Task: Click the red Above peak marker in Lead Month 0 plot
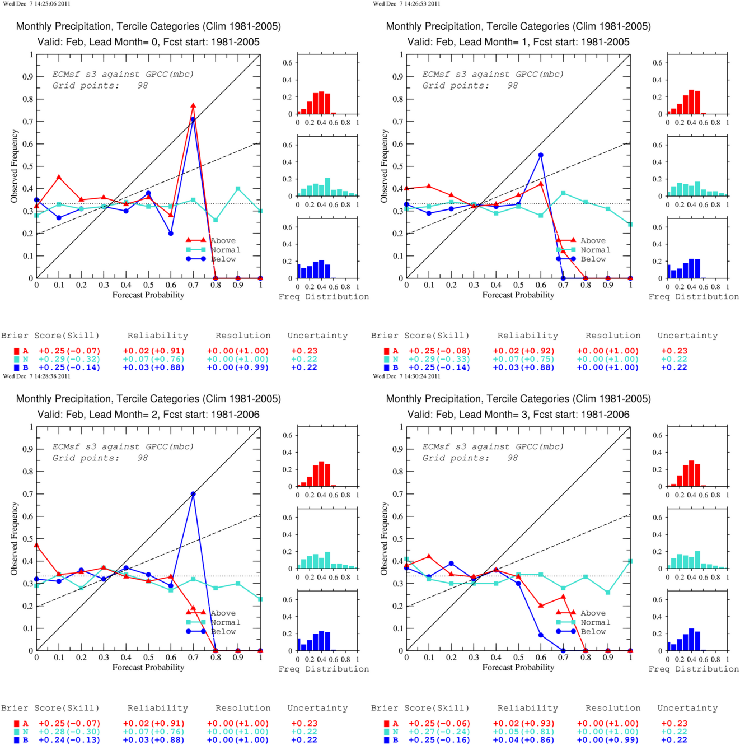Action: pos(193,105)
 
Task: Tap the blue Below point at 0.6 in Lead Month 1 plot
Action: pos(541,155)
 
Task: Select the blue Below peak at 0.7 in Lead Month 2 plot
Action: pos(193,493)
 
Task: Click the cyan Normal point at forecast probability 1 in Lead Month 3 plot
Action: pos(630,561)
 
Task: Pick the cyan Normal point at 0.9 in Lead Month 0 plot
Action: pos(238,189)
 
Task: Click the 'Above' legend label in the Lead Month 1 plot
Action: pos(593,240)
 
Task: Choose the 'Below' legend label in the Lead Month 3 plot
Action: pos(593,631)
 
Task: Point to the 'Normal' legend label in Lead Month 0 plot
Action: pos(225,250)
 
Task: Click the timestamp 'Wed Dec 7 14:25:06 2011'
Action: pos(36,4)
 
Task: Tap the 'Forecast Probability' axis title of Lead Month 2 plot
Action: pos(148,667)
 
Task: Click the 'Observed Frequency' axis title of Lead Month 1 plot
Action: pos(384,166)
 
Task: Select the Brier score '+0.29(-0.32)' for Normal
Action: pos(69,359)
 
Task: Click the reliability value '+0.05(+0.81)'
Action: pos(523,732)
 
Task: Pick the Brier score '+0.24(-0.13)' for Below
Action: pos(69,739)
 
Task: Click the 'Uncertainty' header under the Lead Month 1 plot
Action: pos(687,336)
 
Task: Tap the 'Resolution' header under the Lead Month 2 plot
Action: pos(243,708)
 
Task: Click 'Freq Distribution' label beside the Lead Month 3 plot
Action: pos(694,669)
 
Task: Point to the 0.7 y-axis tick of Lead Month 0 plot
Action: pos(27,122)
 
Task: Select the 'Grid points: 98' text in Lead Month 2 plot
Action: pos(100,458)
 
